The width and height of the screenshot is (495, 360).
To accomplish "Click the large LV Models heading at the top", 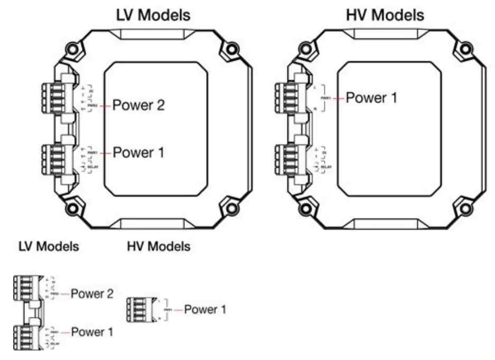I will (x=153, y=15).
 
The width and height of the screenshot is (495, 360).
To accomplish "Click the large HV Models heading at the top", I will (x=385, y=15).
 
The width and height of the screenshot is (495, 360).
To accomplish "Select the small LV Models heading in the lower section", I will (x=49, y=246).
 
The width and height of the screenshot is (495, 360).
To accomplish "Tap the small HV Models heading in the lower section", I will (x=158, y=246).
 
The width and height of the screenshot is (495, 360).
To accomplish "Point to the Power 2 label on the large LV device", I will (x=139, y=106).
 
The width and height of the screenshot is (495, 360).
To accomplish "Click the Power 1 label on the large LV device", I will (x=139, y=153).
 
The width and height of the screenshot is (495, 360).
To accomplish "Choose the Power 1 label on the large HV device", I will (x=371, y=98).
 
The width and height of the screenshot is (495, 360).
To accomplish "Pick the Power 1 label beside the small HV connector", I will (x=206, y=309).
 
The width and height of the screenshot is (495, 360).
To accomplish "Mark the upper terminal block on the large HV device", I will (x=285, y=97).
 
